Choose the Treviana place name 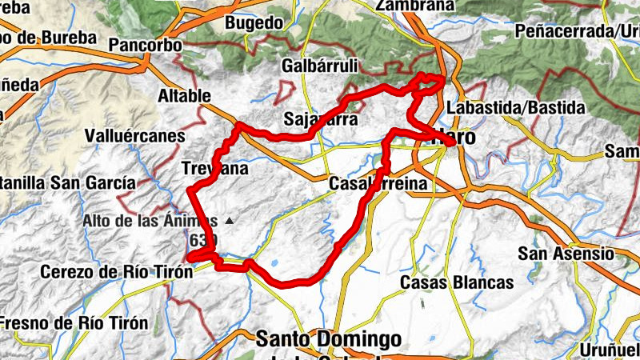(x=215, y=169)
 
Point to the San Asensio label (x=566, y=254)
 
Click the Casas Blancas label (x=456, y=282)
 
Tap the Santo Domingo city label (x=328, y=338)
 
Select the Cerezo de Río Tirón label (x=117, y=272)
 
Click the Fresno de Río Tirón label (x=74, y=323)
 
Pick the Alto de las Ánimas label (x=150, y=220)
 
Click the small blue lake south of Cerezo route (x=275, y=263)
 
